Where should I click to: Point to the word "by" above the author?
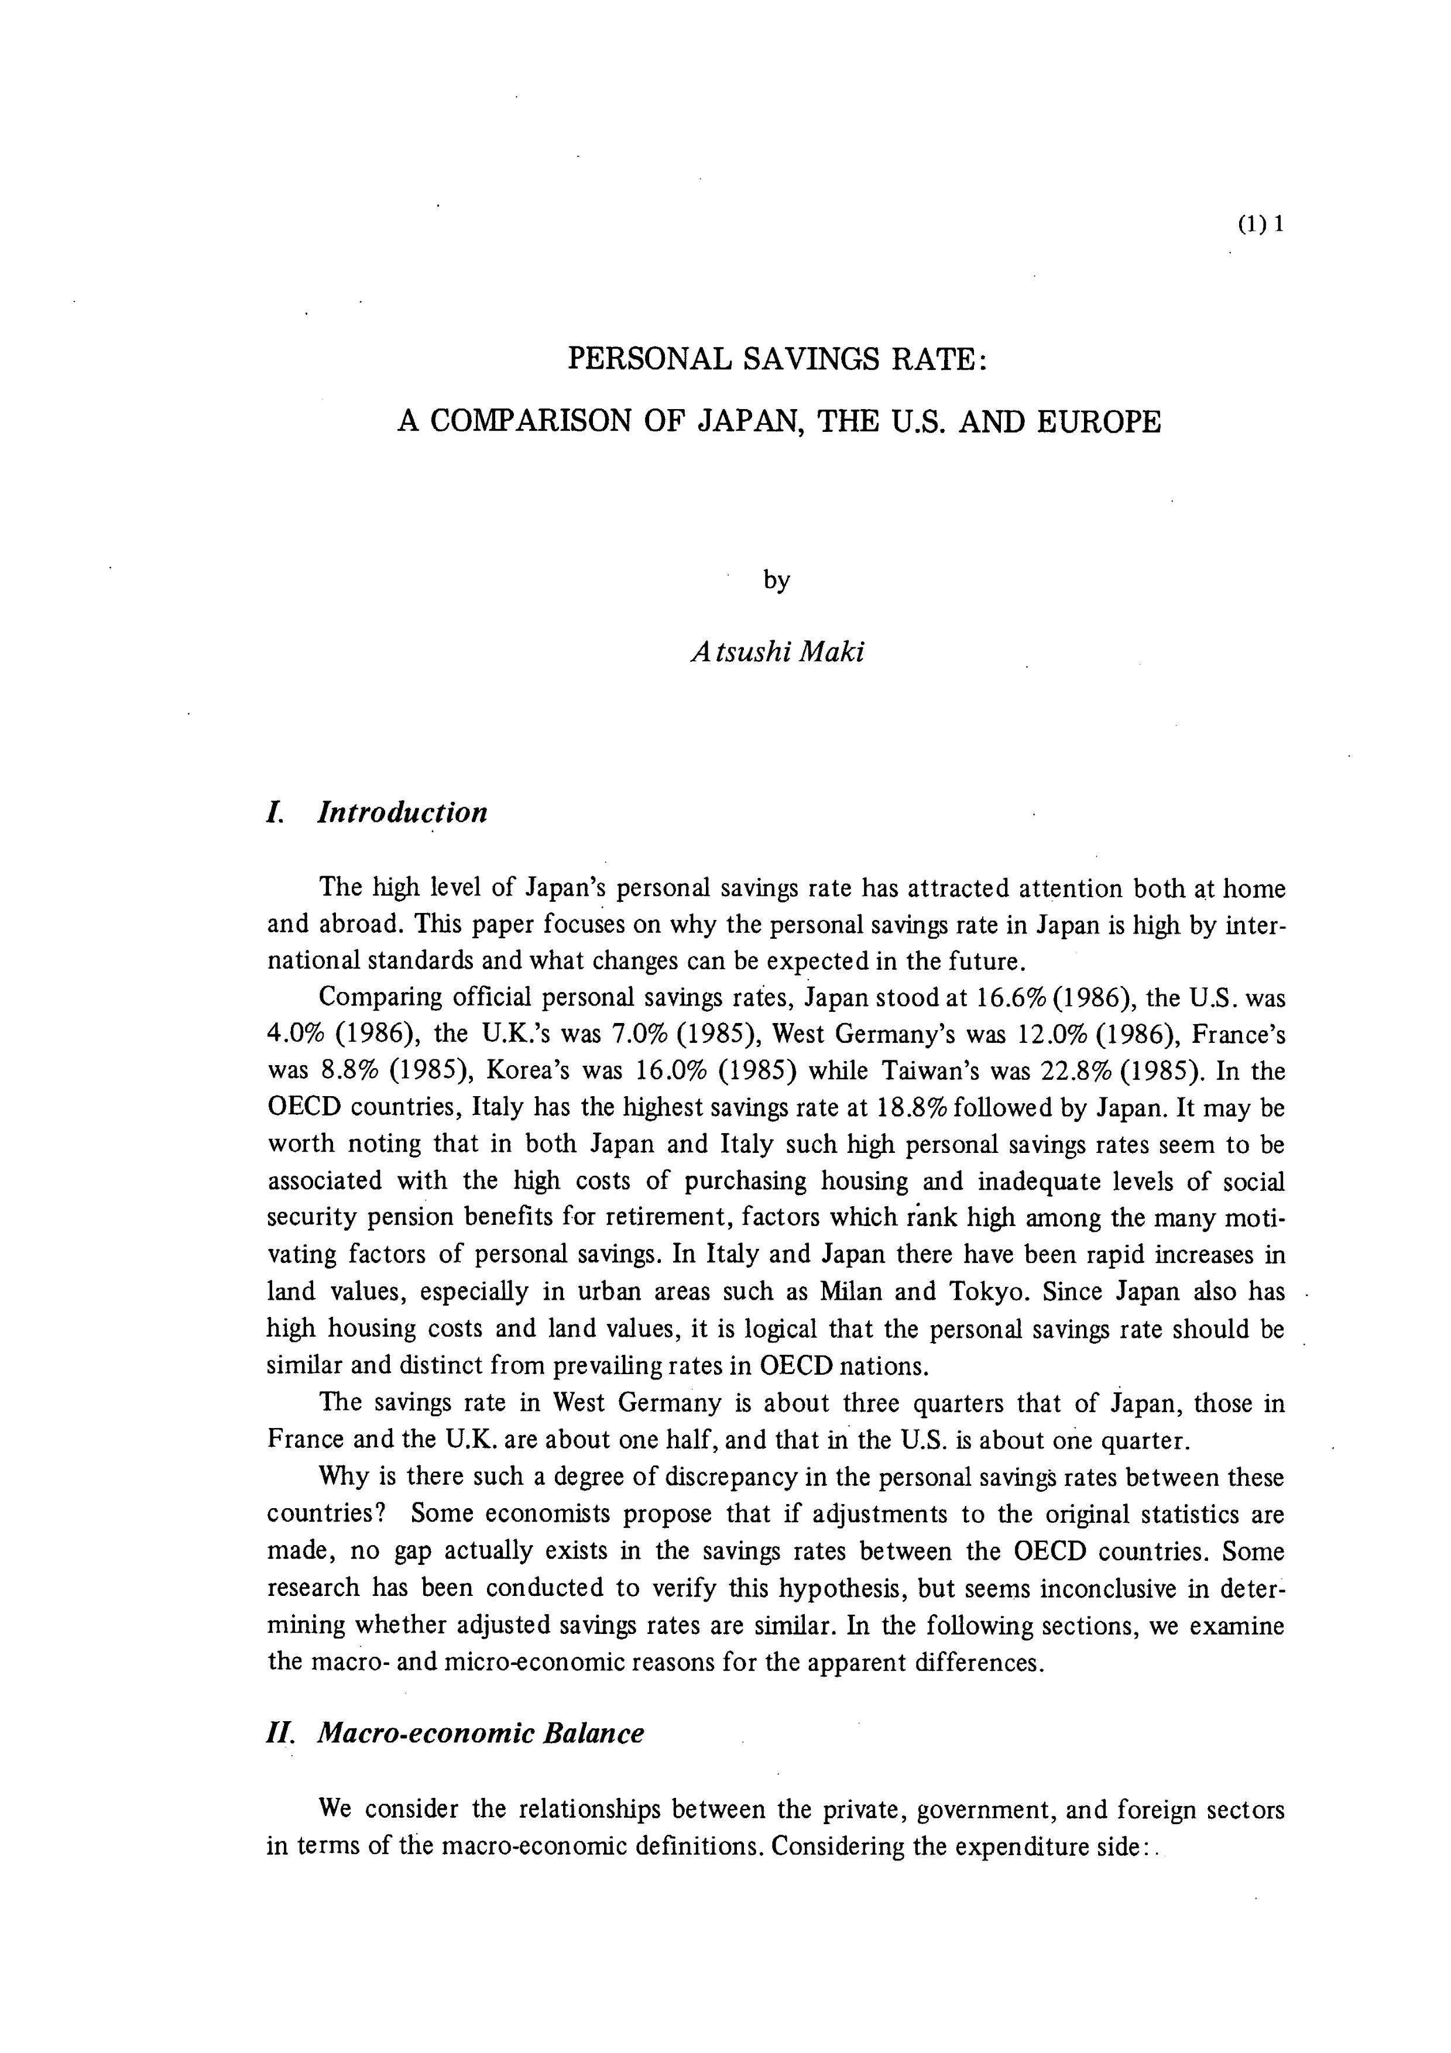point(777,581)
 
